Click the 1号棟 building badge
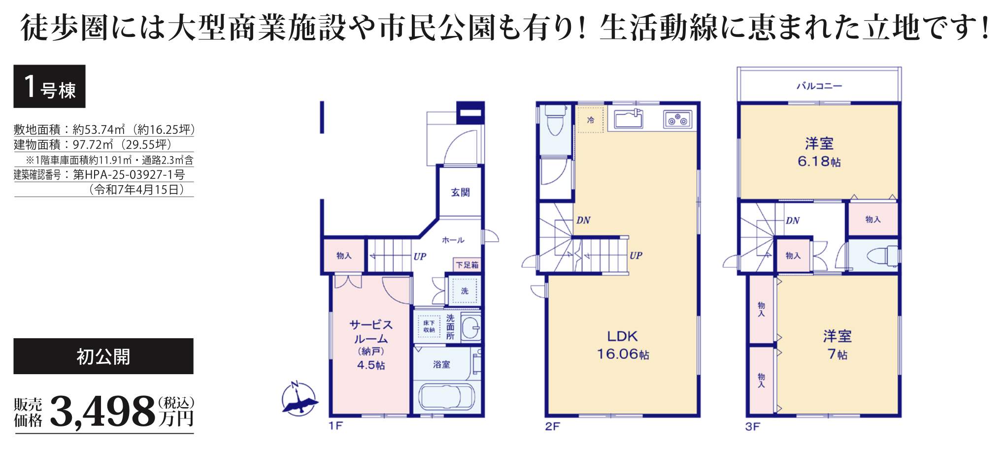(49, 86)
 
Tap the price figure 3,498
(102, 412)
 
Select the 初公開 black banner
(103, 356)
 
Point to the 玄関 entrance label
(460, 193)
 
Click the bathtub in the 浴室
(446, 397)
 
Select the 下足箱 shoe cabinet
(467, 265)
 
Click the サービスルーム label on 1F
(371, 345)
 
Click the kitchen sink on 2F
(628, 119)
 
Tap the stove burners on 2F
(677, 120)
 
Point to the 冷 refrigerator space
(590, 120)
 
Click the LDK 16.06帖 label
(623, 345)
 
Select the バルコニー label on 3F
(819, 86)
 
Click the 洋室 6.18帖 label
(819, 152)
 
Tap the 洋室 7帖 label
(837, 345)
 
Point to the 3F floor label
(752, 426)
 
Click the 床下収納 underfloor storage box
(429, 326)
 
